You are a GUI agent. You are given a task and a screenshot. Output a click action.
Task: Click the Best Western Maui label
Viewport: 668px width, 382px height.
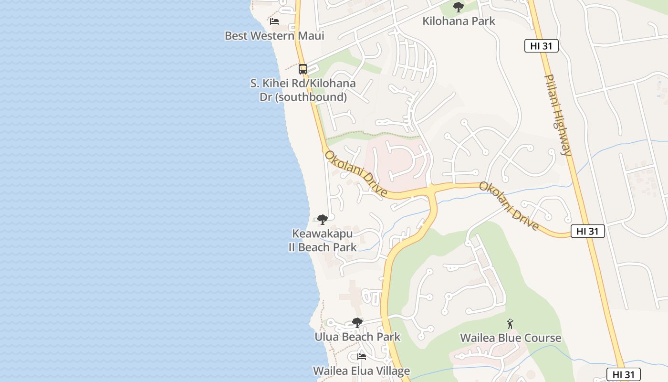click(x=274, y=36)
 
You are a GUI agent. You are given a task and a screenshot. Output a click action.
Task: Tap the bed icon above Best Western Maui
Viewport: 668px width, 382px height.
click(x=274, y=21)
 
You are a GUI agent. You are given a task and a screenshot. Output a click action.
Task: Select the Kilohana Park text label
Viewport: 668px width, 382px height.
click(x=459, y=21)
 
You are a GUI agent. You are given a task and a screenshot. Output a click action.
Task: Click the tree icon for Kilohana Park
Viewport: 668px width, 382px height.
click(x=459, y=7)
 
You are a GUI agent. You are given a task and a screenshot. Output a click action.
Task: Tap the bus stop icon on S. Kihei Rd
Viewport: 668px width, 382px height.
click(x=303, y=69)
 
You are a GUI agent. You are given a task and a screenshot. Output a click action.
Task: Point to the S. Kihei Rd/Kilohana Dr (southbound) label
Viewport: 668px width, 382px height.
click(x=303, y=90)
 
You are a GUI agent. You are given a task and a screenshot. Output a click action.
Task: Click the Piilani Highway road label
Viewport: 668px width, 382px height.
click(x=558, y=115)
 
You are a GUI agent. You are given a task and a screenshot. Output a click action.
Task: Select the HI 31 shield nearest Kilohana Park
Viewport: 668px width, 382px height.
click(x=541, y=46)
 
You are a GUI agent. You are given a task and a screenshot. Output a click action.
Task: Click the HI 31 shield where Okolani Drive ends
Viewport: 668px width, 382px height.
click(x=587, y=231)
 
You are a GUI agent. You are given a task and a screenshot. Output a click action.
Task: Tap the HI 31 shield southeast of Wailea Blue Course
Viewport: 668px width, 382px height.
click(x=623, y=374)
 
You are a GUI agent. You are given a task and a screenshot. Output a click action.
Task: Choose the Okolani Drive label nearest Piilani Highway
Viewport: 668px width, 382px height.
click(x=509, y=206)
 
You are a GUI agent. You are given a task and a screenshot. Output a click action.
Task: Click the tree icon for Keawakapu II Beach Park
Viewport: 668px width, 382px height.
click(x=323, y=220)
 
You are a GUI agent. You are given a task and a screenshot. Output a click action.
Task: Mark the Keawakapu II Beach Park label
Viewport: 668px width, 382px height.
click(x=323, y=241)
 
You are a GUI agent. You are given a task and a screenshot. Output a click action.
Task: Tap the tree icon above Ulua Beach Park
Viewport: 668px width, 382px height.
click(x=357, y=323)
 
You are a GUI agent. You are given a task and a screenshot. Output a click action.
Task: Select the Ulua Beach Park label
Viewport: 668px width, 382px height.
click(x=357, y=337)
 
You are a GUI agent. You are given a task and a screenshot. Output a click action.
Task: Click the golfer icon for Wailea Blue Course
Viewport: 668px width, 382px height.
click(x=510, y=324)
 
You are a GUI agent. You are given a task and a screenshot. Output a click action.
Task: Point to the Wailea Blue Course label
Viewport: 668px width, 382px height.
click(x=511, y=338)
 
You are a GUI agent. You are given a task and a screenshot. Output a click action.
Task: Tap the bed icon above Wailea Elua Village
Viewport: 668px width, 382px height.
click(x=362, y=357)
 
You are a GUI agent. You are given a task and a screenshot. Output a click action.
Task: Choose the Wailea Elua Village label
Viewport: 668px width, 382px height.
click(x=361, y=371)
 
